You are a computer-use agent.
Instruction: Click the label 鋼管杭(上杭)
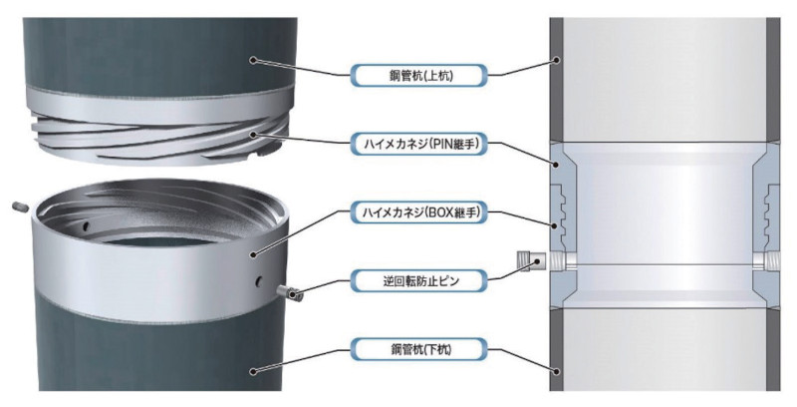(x=416, y=75)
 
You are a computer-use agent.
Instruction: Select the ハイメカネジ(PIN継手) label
(x=416, y=143)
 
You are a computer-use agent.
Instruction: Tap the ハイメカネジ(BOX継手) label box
(x=416, y=212)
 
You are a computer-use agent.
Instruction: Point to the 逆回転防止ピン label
(x=416, y=281)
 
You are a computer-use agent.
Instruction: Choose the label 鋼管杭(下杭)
(x=416, y=350)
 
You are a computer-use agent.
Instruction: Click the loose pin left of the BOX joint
(x=20, y=206)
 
